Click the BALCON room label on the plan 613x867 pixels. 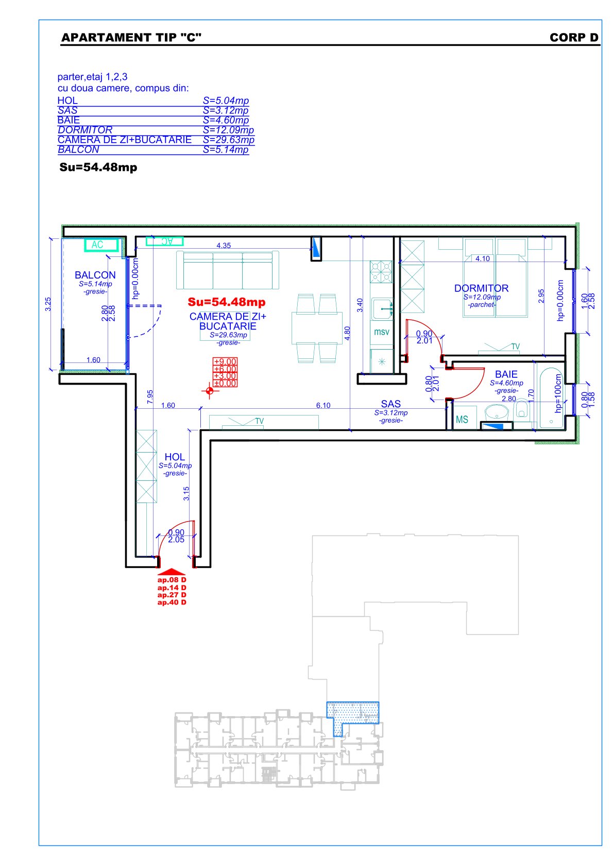point(95,275)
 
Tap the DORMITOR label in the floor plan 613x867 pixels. point(481,288)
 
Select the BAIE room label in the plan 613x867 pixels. point(506,374)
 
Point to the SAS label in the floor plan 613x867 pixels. point(390,404)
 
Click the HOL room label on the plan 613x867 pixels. point(174,457)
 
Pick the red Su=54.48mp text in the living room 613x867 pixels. point(227,302)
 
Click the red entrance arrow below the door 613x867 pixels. point(171,571)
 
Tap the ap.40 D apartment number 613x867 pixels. point(172,602)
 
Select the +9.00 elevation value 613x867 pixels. point(225,361)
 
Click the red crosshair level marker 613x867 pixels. point(210,391)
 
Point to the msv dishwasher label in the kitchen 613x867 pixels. point(381,332)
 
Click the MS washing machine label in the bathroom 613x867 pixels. point(462,419)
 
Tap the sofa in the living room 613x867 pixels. point(227,270)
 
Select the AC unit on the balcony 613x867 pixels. point(101,245)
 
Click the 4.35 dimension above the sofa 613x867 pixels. point(224,246)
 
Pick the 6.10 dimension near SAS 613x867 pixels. point(323,405)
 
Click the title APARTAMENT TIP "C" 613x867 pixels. point(131,38)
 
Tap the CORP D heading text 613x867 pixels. point(574,38)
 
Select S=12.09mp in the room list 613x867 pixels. point(228,130)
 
